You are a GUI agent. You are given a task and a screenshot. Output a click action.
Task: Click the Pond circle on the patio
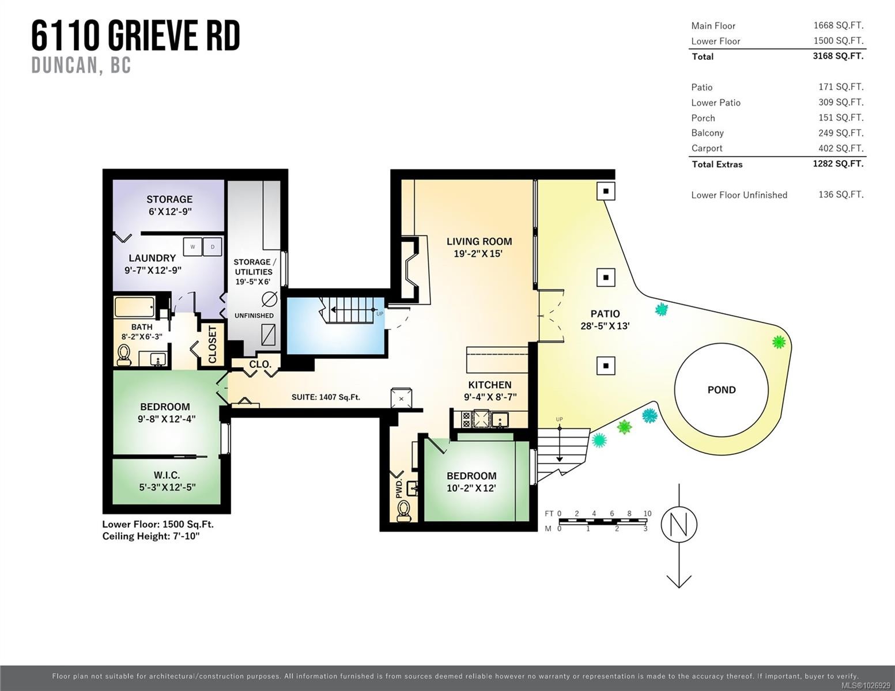pyautogui.click(x=721, y=390)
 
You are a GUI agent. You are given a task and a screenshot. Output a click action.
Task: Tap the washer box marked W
pyautogui.click(x=192, y=246)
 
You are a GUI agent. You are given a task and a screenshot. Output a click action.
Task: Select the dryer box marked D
pyautogui.click(x=213, y=246)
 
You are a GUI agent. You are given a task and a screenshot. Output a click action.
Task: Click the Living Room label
pyautogui.click(x=479, y=241)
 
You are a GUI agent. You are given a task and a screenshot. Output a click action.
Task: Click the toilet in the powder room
pyautogui.click(x=403, y=510)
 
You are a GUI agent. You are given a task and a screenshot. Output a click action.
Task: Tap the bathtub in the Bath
pyautogui.click(x=134, y=307)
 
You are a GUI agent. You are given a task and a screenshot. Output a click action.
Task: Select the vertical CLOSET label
pyautogui.click(x=212, y=345)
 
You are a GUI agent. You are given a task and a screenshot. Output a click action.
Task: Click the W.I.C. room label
pyautogui.click(x=167, y=475)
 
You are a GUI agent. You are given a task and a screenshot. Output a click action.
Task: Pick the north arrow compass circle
pyautogui.click(x=679, y=525)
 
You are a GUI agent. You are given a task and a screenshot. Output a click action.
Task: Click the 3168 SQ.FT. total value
pyautogui.click(x=838, y=56)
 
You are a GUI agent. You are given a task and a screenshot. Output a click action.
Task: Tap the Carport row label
pyautogui.click(x=707, y=148)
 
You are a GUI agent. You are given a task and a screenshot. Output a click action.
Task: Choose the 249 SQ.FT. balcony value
pyautogui.click(x=841, y=132)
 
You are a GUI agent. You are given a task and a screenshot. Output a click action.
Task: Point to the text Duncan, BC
pyautogui.click(x=81, y=66)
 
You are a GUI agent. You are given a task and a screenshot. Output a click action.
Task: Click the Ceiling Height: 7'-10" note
pyautogui.click(x=151, y=536)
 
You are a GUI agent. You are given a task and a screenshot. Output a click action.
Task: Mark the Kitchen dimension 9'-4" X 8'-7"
pyautogui.click(x=489, y=397)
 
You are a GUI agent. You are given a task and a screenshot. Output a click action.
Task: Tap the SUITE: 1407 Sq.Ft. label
pyautogui.click(x=326, y=397)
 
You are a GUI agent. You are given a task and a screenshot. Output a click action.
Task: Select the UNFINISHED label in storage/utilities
pyautogui.click(x=254, y=316)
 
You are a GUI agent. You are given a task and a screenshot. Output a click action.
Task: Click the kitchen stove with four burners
pyautogui.click(x=480, y=419)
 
